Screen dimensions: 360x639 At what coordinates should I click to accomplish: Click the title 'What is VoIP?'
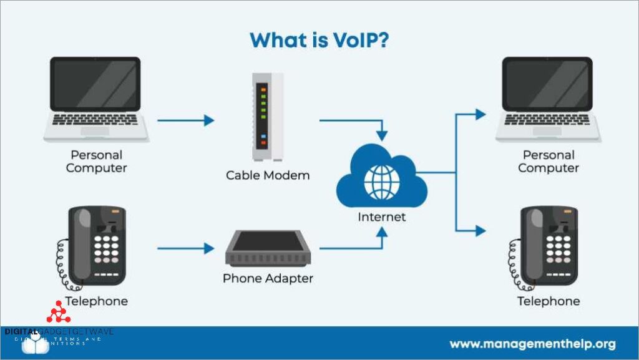click(319, 40)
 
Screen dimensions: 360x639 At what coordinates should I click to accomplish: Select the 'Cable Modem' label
click(268, 175)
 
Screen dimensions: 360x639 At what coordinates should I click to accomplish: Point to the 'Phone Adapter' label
click(268, 278)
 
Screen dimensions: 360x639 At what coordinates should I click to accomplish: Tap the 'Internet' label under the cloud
click(381, 217)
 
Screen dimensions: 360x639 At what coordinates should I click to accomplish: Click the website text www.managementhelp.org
click(532, 344)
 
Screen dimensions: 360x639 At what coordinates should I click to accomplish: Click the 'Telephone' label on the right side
click(549, 301)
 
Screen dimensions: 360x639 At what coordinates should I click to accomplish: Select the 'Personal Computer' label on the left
click(96, 161)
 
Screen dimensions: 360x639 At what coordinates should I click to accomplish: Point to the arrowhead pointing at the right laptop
click(480, 114)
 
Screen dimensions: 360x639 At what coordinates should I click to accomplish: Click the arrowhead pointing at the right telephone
click(480, 231)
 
